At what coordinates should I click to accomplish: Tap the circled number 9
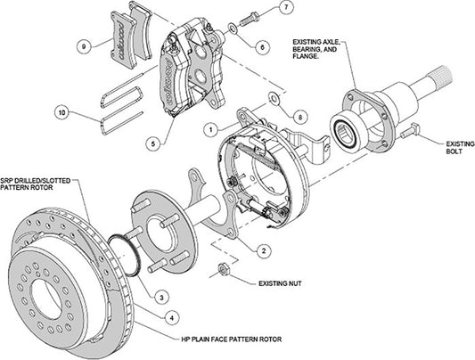(x=83, y=45)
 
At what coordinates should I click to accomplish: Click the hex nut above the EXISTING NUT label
(x=225, y=271)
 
